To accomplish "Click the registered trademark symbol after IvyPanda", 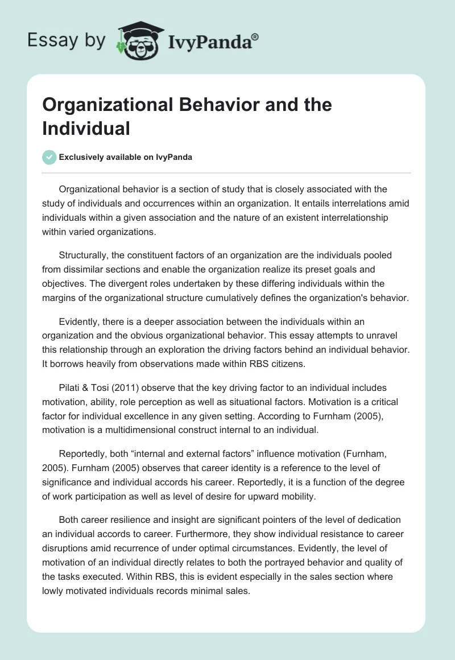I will pos(255,36).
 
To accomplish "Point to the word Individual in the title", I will pos(86,128).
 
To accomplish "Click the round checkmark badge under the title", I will pos(49,157).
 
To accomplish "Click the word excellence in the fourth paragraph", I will pos(143,415).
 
